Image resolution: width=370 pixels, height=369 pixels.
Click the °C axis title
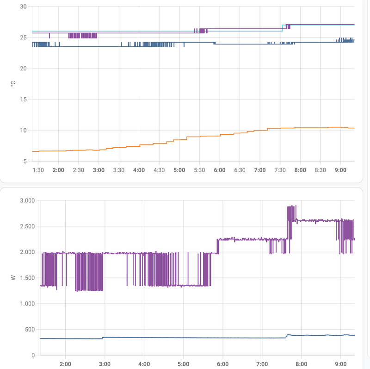13,84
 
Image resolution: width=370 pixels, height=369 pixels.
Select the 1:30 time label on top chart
39,170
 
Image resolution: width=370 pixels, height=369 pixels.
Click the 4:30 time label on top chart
159,170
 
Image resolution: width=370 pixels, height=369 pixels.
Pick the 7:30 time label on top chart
280,170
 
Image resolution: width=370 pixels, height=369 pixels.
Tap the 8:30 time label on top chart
320,170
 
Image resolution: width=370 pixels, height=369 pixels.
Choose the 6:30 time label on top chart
240,170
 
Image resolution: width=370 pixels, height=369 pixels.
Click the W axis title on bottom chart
13,278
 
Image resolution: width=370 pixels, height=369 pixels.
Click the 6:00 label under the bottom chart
223,364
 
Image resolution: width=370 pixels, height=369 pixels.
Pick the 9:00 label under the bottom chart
341,364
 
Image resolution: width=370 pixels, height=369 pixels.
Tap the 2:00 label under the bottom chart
66,364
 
